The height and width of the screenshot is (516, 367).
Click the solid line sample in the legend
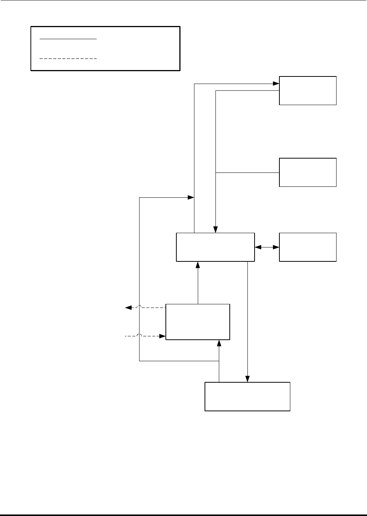(x=68, y=39)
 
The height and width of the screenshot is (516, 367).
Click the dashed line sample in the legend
(x=68, y=59)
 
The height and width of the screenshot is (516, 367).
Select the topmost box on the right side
(x=308, y=90)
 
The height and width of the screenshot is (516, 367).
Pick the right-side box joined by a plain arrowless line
(x=308, y=172)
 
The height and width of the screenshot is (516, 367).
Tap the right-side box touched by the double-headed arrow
(x=308, y=247)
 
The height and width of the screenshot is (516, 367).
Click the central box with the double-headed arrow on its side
(x=215, y=247)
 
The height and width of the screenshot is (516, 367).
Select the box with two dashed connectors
(x=197, y=322)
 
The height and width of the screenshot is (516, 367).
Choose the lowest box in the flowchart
(x=247, y=396)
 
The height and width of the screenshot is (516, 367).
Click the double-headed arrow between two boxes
(x=267, y=247)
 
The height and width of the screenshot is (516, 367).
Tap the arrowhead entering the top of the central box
(x=215, y=230)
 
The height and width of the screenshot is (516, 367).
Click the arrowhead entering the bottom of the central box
(x=197, y=264)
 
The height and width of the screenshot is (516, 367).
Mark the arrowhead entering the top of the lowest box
(x=247, y=379)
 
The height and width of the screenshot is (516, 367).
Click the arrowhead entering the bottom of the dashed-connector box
(x=219, y=343)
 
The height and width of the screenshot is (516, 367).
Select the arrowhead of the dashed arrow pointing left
(x=128, y=308)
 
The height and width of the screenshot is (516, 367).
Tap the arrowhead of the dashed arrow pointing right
(x=163, y=336)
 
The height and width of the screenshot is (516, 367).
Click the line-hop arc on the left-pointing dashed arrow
(x=140, y=307)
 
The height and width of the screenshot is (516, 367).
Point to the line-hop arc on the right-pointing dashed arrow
(x=140, y=335)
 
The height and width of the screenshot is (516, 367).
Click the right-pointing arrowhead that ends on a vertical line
(x=191, y=197)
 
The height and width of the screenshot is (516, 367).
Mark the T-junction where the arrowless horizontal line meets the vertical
(x=215, y=173)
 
